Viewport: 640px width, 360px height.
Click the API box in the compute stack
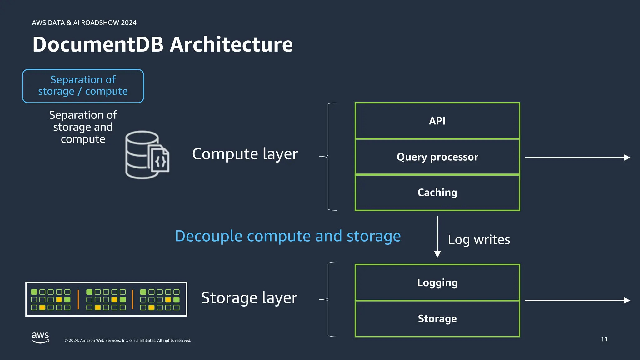click(437, 121)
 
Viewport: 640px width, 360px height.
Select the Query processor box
click(437, 157)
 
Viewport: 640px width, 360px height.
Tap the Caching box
click(437, 192)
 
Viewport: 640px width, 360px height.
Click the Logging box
click(437, 282)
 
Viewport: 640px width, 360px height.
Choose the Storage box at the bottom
click(437, 318)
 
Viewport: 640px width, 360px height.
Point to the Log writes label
click(479, 240)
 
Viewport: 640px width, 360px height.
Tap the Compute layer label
click(245, 154)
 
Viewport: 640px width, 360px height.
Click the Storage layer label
click(249, 298)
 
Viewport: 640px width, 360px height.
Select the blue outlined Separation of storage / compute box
click(83, 86)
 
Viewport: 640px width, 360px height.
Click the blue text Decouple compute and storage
click(288, 236)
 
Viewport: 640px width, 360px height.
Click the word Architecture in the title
click(231, 44)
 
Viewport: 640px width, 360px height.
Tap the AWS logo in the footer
click(40, 337)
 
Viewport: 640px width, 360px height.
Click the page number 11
click(604, 339)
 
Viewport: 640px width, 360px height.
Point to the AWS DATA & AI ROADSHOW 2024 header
click(84, 23)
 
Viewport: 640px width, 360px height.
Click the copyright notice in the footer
click(127, 340)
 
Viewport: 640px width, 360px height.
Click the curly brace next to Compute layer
click(328, 156)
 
